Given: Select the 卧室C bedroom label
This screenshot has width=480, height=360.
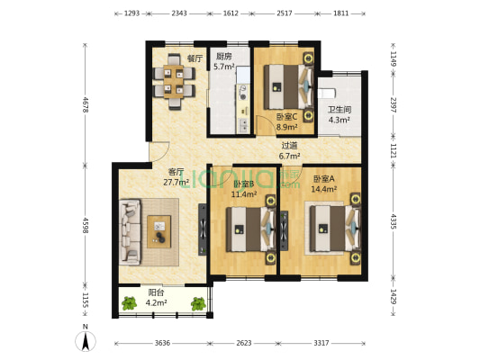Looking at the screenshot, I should pyautogui.click(x=285, y=117).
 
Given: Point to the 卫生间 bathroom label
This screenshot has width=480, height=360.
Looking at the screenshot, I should pyautogui.click(x=339, y=110).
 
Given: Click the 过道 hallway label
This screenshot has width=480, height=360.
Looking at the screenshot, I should pyautogui.click(x=289, y=145).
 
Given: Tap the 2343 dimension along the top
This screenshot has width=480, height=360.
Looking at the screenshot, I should pyautogui.click(x=180, y=14).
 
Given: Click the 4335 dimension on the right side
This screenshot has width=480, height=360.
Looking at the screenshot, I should pyautogui.click(x=394, y=220).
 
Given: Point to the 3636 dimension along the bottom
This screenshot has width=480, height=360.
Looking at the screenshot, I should pyautogui.click(x=163, y=343).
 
